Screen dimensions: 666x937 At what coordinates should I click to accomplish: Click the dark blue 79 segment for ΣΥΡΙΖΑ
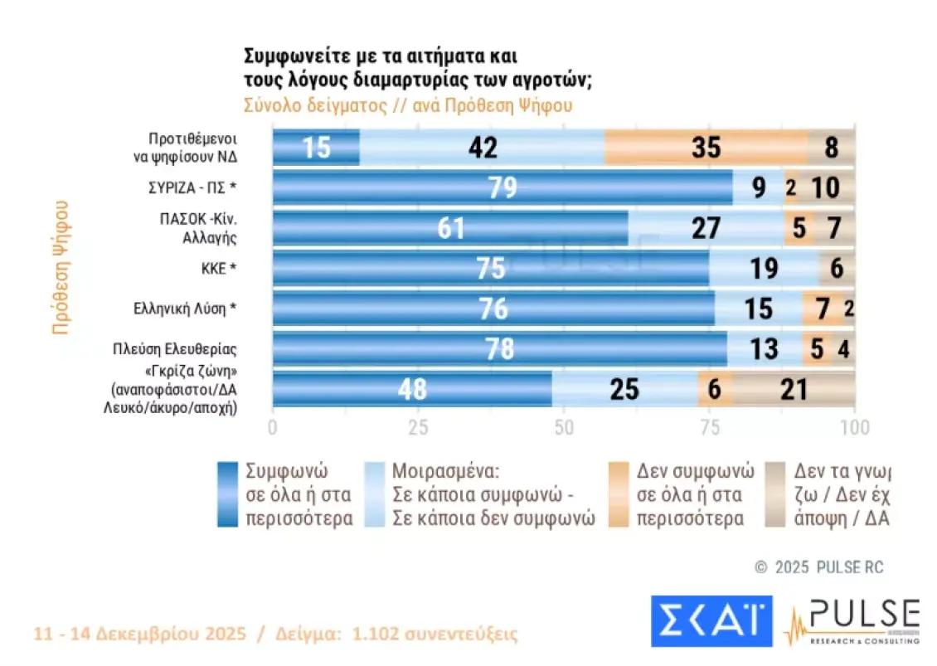tap(502, 187)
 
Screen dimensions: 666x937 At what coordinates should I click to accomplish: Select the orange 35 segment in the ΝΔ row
tap(706, 148)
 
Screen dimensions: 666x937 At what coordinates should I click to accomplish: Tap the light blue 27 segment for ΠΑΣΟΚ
tap(706, 228)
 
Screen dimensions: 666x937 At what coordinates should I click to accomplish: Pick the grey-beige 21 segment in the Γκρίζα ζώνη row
tap(794, 389)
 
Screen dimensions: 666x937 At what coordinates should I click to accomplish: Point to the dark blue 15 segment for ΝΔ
tap(316, 148)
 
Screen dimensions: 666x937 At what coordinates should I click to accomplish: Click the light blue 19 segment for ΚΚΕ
tap(764, 268)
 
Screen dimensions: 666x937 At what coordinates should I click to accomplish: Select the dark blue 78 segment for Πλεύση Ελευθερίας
tap(500, 348)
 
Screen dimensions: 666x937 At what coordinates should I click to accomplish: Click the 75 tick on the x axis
tap(709, 428)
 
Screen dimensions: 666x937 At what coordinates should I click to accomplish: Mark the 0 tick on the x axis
tap(273, 428)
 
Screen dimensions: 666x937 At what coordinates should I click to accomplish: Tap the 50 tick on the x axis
tap(563, 428)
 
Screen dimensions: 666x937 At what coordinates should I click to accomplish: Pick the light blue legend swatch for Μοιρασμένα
tap(373, 494)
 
